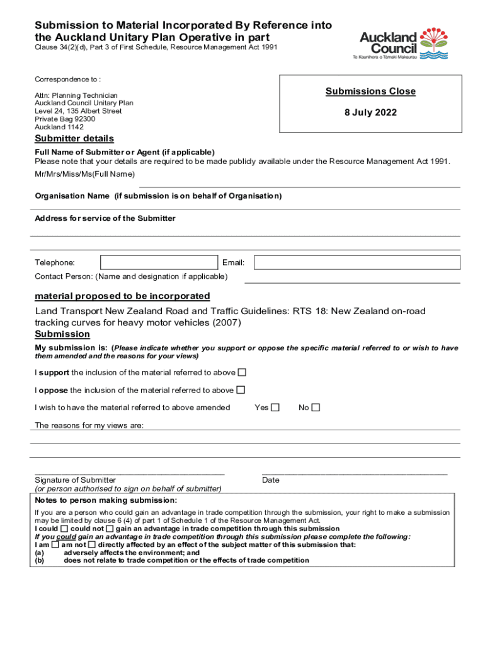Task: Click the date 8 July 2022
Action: coord(370,114)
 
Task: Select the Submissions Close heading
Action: coord(370,91)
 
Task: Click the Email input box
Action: coord(357,262)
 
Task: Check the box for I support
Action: coord(242,372)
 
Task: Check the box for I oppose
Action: coord(241,390)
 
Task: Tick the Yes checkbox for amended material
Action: coord(275,408)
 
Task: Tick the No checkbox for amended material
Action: coord(316,408)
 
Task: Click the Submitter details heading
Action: coord(74,139)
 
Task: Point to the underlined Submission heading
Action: coord(62,334)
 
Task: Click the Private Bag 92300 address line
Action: coord(65,119)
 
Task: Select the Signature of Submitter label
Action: coord(75,480)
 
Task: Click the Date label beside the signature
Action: coord(271,480)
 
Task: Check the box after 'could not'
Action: coord(110,529)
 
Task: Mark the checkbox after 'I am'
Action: coord(55,544)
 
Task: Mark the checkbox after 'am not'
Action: coord(92,544)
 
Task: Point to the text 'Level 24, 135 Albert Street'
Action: coord(78,111)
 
